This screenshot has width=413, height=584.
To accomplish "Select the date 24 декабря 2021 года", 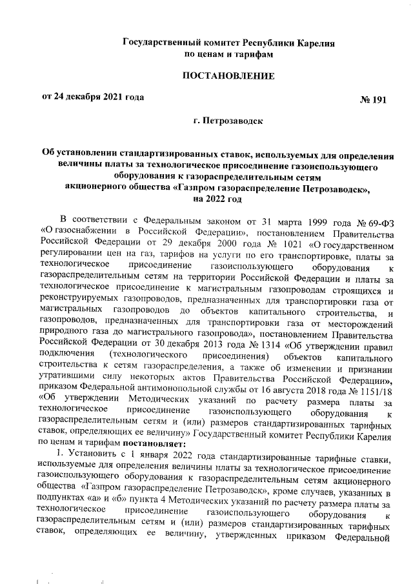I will click(97, 97).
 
